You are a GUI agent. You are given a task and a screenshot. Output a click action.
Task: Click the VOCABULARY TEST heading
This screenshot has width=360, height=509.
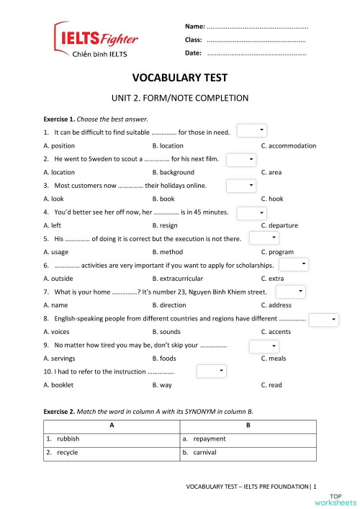coord(179,78)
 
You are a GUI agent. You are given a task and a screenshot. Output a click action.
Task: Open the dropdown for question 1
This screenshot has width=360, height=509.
coord(252,130)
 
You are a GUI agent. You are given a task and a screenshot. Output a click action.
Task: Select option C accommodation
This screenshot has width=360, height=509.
coord(288,145)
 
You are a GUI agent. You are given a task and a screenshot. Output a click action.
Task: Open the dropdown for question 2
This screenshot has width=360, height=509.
coord(241,158)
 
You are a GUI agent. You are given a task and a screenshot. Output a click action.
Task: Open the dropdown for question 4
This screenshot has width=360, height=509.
coord(252,212)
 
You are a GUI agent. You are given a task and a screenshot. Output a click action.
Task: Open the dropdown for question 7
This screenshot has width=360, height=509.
coord(291,292)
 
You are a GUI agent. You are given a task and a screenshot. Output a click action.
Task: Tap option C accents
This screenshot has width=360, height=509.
coord(276,331)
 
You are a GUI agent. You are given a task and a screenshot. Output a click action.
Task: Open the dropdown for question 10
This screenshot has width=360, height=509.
coord(212,371)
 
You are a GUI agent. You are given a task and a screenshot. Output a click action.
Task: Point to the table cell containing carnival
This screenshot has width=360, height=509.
coord(247,453)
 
